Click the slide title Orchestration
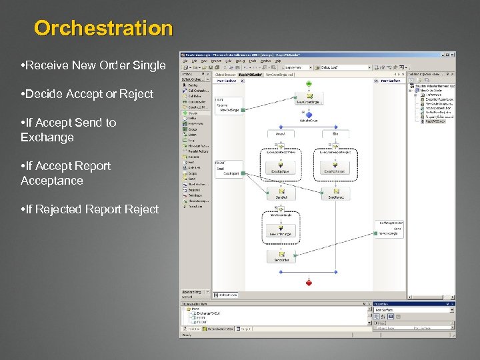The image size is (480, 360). click(103, 29)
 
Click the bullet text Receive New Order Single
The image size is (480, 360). click(93, 65)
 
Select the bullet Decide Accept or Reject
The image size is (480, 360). click(87, 94)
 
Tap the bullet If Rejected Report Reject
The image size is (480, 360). click(89, 209)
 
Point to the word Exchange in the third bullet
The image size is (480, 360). click(47, 137)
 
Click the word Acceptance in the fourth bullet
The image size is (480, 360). click(51, 181)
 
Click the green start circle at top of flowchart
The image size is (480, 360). click(309, 83)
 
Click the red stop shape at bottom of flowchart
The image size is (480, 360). click(309, 283)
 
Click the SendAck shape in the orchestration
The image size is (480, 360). click(281, 194)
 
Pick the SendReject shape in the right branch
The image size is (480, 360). click(337, 194)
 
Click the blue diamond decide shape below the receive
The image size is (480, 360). click(309, 115)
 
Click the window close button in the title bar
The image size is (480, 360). click(453, 55)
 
